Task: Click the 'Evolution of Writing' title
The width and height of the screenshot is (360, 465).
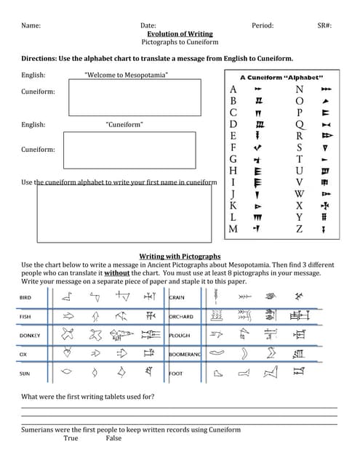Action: pos(180,33)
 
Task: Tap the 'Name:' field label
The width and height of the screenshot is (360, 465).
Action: pos(31,25)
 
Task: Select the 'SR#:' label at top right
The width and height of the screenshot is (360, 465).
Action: pos(324,25)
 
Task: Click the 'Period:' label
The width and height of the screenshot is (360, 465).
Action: pos(263,25)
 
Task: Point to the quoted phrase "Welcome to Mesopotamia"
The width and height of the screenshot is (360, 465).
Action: pos(126,75)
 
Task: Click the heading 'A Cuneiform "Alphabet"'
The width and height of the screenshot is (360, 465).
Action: pos(281,77)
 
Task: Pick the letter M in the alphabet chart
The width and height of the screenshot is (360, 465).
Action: pos(233,229)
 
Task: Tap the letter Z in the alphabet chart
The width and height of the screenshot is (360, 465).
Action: pos(299,229)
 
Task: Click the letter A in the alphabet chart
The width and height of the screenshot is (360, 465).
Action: pos(233,89)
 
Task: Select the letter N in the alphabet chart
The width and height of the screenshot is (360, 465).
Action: pos(299,89)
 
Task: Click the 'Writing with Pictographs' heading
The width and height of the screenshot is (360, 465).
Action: pos(180,256)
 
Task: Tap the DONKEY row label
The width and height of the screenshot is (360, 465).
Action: pos(30,336)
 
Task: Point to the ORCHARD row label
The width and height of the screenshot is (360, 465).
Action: pos(181,317)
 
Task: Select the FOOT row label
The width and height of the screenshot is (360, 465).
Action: pos(176,373)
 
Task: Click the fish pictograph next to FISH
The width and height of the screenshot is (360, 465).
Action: pos(68,317)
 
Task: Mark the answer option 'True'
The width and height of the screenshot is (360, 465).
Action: pos(71,438)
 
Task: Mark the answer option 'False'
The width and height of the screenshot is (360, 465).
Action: pos(113,438)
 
